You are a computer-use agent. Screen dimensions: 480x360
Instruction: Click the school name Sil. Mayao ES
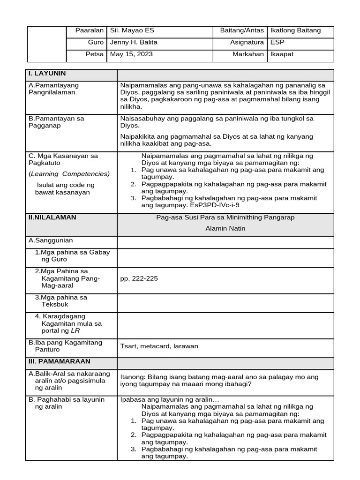132,30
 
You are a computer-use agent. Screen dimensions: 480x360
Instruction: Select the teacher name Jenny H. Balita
134,42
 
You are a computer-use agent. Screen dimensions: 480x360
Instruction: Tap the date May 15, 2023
131,54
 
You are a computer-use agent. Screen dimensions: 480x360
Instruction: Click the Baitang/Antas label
242,30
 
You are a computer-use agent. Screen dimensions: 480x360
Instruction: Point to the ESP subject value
277,42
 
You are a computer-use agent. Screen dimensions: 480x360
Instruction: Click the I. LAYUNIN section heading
47,74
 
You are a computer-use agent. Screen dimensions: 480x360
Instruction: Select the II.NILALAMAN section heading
52,217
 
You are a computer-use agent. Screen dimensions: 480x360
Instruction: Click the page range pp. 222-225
139,278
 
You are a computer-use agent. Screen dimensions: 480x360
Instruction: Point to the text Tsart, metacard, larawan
159,346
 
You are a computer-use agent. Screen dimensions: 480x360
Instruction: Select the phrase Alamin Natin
225,229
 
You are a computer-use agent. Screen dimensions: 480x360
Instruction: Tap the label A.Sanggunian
51,240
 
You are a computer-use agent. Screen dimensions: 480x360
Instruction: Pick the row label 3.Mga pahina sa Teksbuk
61,301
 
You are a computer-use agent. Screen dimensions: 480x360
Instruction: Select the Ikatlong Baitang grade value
295,30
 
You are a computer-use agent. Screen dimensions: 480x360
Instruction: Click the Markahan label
248,54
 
